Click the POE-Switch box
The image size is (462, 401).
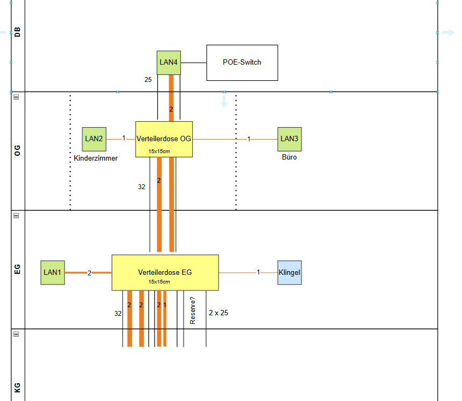click(242, 63)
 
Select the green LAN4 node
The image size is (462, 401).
click(169, 63)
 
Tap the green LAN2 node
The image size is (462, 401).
click(94, 139)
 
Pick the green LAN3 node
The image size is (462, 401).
click(289, 139)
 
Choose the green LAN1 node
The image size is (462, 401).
click(53, 272)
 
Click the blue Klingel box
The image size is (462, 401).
click(289, 272)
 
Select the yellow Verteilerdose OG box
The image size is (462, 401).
click(164, 139)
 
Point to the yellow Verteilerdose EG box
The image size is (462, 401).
click(165, 272)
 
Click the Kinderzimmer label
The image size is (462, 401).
click(96, 158)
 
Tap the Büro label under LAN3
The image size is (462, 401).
click(289, 157)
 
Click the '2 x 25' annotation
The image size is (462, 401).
click(219, 313)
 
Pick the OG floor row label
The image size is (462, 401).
click(17, 151)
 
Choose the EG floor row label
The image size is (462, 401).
click(17, 269)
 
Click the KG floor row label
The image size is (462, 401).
click(17, 387)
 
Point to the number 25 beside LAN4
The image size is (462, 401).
click(148, 80)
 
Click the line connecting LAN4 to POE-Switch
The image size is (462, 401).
click(194, 63)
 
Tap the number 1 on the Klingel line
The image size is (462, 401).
click(258, 272)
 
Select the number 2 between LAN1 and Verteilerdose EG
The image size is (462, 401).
click(89, 273)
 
